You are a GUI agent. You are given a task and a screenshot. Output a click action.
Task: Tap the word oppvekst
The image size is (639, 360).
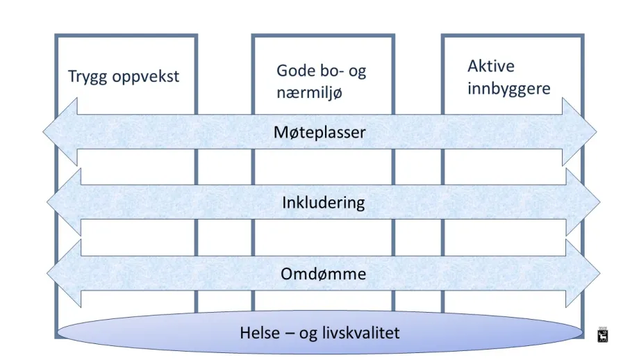click(x=146, y=77)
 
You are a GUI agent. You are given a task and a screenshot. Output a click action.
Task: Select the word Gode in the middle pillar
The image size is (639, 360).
click(x=293, y=70)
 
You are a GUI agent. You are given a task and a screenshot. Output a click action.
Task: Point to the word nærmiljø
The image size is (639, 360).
click(x=309, y=93)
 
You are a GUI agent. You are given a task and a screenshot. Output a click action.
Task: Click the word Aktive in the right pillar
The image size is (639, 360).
click(x=491, y=66)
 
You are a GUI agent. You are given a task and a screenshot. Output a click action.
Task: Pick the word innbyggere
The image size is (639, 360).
click(x=509, y=89)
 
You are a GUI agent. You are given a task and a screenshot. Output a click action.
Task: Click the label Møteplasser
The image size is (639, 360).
click(x=319, y=133)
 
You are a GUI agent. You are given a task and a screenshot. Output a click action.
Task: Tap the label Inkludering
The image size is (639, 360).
click(x=323, y=203)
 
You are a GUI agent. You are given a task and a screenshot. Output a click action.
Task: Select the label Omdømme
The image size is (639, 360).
click(x=323, y=274)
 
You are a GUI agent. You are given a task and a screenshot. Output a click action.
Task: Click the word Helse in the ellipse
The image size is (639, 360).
click(x=260, y=333)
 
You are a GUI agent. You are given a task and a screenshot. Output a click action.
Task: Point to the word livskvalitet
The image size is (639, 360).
click(x=360, y=333)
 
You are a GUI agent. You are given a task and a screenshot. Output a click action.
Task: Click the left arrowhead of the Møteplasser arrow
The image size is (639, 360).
click(x=60, y=131)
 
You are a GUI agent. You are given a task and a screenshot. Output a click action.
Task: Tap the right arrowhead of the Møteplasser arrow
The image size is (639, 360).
click(x=579, y=131)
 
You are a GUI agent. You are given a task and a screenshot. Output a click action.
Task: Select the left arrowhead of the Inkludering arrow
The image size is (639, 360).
click(x=64, y=202)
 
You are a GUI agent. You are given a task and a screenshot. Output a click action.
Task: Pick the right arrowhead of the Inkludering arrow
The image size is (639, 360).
click(x=583, y=202)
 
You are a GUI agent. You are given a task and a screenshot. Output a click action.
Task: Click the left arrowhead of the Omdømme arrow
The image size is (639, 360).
click(x=64, y=273)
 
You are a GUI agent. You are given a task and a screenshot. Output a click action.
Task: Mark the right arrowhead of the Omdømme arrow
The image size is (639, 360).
click(x=583, y=273)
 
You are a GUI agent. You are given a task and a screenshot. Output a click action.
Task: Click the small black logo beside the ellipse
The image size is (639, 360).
click(x=603, y=335)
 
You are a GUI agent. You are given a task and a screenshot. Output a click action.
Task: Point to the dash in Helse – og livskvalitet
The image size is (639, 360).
click(x=290, y=334)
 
